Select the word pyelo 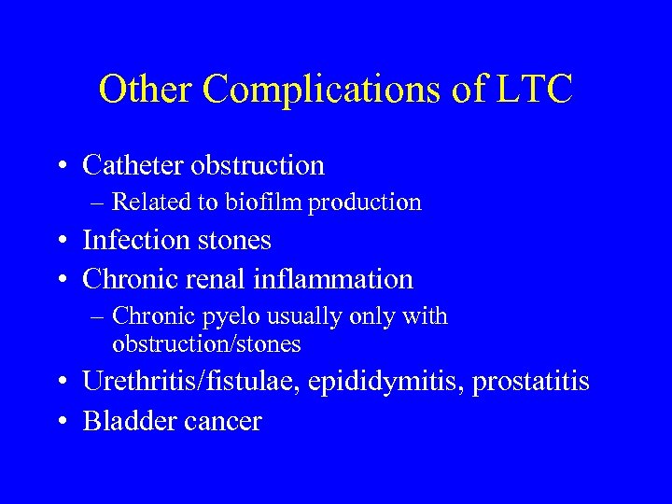point(231,317)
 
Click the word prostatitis point(531,382)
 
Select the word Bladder point(125,421)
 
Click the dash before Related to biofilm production point(99,203)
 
